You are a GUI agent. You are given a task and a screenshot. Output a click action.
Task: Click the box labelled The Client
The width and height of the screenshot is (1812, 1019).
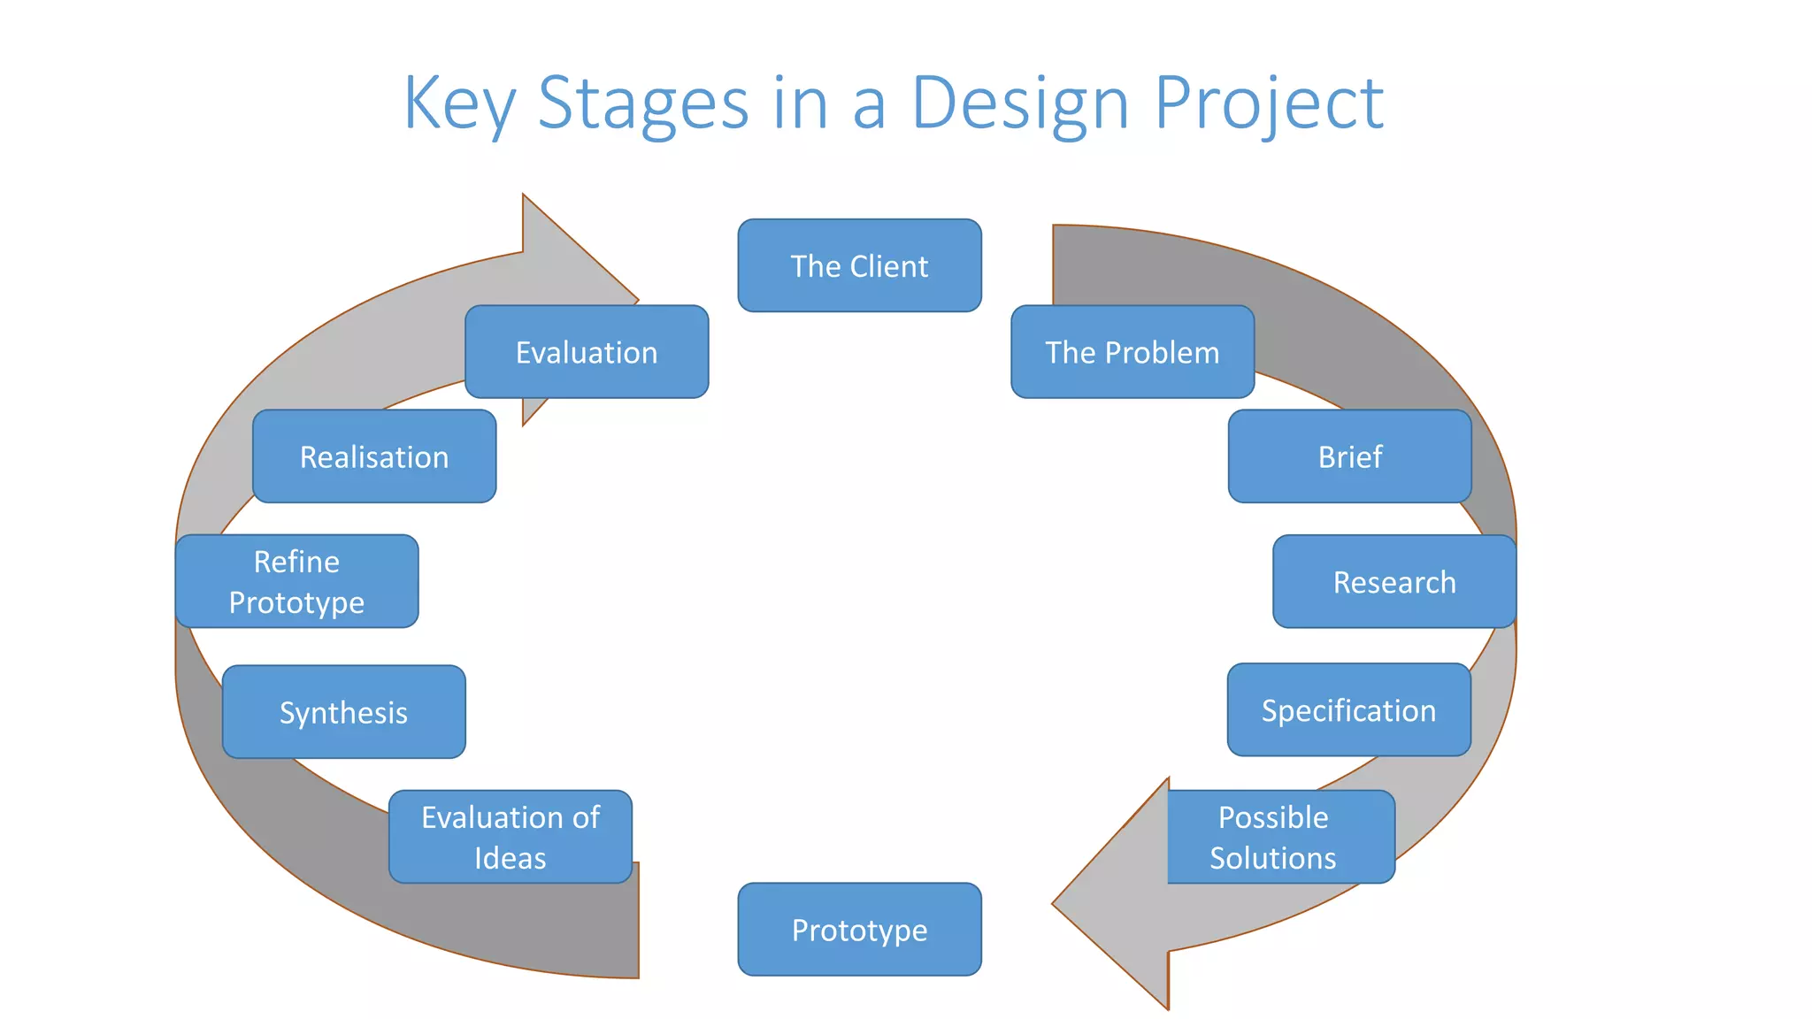click(859, 265)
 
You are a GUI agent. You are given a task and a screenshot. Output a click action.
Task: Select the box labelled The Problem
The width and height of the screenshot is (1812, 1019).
click(1132, 352)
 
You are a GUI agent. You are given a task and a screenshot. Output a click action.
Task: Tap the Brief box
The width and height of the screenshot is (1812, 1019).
click(1349, 456)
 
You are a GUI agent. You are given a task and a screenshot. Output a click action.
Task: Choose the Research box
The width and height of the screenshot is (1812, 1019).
click(1394, 581)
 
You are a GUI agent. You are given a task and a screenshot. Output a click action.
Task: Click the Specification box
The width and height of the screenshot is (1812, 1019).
click(1348, 709)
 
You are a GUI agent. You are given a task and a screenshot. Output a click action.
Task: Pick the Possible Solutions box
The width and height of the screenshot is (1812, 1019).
click(1280, 837)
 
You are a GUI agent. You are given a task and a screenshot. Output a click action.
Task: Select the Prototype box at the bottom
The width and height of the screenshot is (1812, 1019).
click(859, 929)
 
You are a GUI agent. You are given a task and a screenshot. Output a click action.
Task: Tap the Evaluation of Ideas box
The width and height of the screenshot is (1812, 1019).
click(511, 837)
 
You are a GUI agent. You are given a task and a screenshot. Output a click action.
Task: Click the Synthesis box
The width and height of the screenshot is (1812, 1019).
click(343, 711)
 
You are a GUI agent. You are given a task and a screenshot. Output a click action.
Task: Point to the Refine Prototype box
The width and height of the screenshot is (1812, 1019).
click(296, 581)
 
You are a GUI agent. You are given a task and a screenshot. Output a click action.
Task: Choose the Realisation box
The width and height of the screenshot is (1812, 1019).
click(374, 456)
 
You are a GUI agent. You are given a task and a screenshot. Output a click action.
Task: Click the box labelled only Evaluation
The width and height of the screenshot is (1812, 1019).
click(587, 352)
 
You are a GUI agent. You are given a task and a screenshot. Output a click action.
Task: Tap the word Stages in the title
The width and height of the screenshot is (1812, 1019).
click(643, 104)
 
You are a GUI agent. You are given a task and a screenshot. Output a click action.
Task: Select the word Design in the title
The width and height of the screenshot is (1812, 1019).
click(1020, 104)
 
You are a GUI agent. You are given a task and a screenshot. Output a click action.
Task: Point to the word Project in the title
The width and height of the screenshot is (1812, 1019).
click(1269, 104)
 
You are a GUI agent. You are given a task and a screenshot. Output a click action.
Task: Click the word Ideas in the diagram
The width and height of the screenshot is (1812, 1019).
click(511, 858)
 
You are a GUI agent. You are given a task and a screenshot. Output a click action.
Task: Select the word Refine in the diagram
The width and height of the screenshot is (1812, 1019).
click(296, 562)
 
